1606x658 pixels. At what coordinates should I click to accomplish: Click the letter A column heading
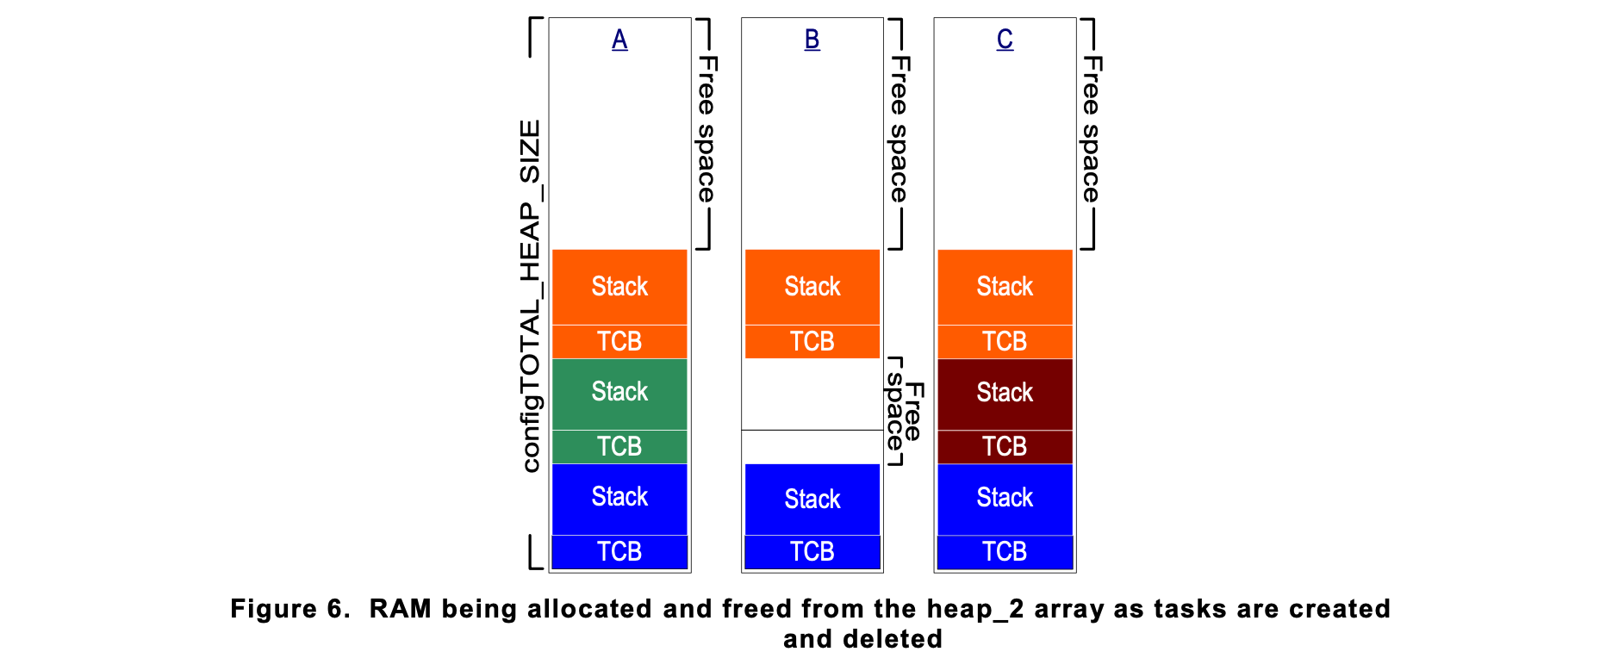(619, 40)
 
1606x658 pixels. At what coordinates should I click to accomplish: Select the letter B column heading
(812, 40)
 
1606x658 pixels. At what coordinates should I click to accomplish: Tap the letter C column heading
(1005, 40)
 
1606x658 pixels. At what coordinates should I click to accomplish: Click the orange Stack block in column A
(619, 287)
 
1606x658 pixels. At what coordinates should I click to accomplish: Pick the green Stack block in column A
(619, 394)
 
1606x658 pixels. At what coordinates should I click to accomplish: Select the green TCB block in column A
(619, 447)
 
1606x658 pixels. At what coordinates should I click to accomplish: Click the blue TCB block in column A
(619, 552)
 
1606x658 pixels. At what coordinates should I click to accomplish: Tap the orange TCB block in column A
(619, 342)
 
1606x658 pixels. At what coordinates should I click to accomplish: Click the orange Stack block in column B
(812, 287)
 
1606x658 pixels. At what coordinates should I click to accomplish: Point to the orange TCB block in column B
(812, 342)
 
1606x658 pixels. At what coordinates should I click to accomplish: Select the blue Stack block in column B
(812, 500)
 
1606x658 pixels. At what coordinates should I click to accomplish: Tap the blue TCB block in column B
(812, 552)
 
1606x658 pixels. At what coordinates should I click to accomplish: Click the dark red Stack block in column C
(1005, 394)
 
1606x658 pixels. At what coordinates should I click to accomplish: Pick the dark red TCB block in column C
(1005, 447)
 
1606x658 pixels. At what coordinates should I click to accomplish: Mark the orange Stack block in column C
(1005, 287)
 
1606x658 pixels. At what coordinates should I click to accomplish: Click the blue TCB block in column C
(1005, 552)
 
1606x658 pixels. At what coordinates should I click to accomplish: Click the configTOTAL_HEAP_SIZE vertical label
(531, 296)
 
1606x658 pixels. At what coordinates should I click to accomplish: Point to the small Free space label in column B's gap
(905, 412)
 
